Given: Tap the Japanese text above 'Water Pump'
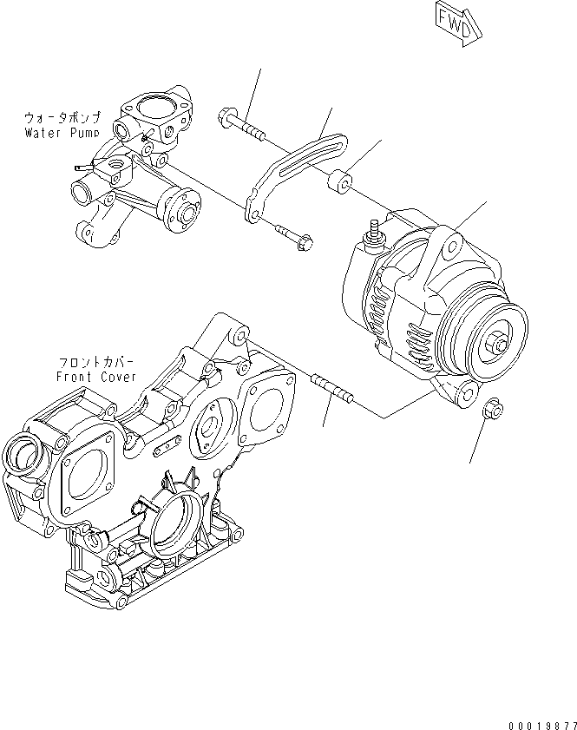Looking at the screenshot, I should coord(62,116).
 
